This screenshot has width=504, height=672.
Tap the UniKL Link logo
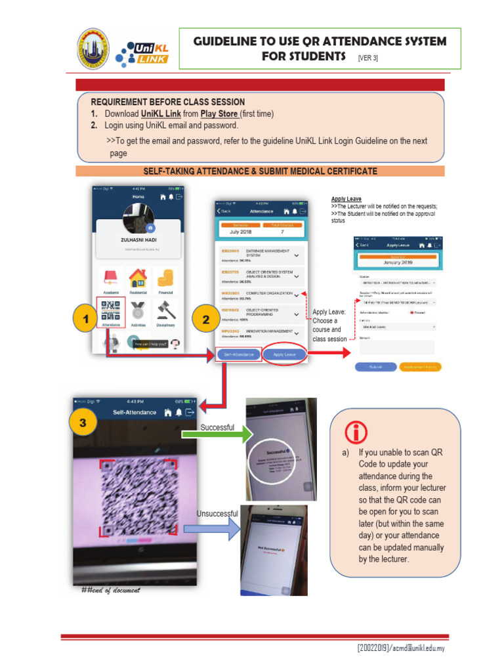[142, 51]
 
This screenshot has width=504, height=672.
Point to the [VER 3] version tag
[368, 58]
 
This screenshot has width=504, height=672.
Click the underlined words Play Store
[219, 114]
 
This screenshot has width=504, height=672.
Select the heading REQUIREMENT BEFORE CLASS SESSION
[167, 102]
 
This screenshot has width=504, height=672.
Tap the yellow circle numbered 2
[206, 320]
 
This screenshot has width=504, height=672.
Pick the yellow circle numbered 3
[83, 423]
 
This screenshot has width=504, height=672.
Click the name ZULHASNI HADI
[138, 240]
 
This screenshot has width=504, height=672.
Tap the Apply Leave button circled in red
[285, 354]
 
